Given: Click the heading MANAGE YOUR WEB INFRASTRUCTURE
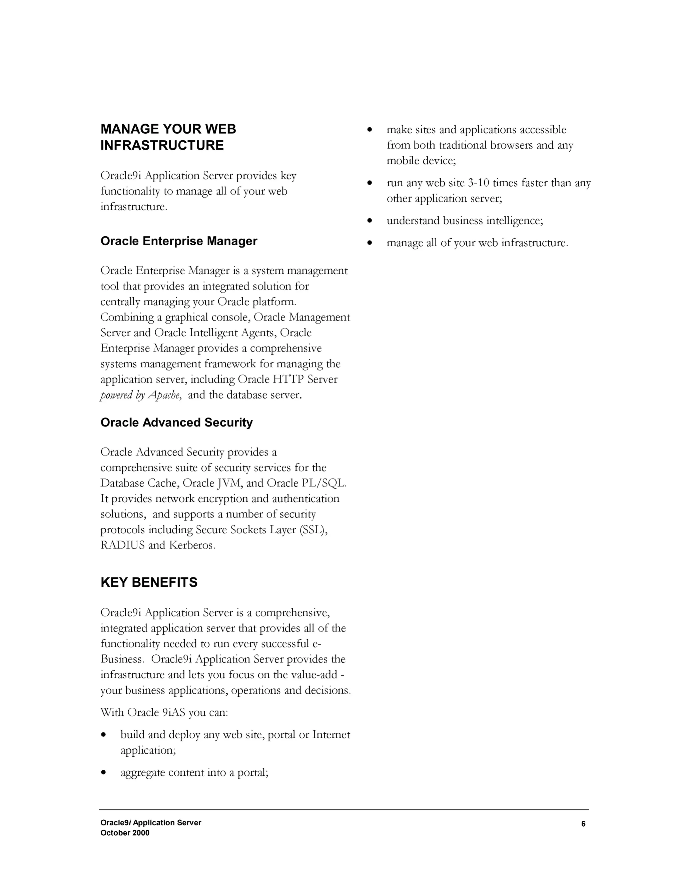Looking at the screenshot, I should point(168,137).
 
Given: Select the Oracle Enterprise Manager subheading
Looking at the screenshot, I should point(178,241).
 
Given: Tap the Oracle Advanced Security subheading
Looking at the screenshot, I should point(176,423).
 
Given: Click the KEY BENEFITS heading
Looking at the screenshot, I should point(149,582).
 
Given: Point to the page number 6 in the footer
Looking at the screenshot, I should point(583,824).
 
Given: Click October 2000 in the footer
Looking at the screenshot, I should point(125,833).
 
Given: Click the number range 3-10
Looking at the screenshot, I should point(478,183).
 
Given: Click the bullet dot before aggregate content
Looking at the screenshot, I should point(104,773).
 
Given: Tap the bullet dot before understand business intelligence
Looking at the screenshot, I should point(370,221).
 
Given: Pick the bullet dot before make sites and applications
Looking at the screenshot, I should point(370,130).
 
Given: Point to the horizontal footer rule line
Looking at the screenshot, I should point(344,810).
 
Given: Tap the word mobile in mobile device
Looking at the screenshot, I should point(402,161).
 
